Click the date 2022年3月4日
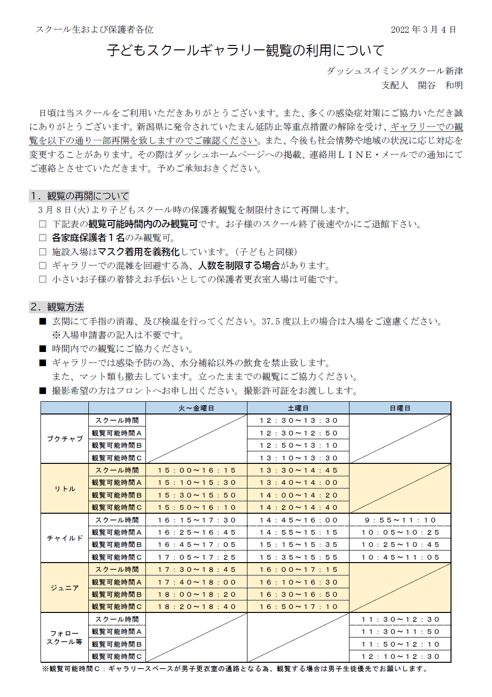coord(423,30)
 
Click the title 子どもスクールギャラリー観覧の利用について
coord(246,50)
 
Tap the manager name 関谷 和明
coord(440,86)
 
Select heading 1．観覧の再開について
coord(80,196)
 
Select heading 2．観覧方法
coord(57,307)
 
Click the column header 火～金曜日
coord(196,408)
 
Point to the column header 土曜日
coord(298,408)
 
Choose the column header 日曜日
coord(400,408)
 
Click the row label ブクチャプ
coord(65,439)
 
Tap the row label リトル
coord(65,489)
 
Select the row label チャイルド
coord(65,538)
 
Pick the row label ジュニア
coord(65,588)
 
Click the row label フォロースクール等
coord(65,637)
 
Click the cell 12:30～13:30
coord(298,420)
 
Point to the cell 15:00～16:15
coord(196,470)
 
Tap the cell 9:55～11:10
coord(400,520)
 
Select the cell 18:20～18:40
coord(196,607)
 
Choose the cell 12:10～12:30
coord(400,656)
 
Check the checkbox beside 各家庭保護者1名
coord(43,238)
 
